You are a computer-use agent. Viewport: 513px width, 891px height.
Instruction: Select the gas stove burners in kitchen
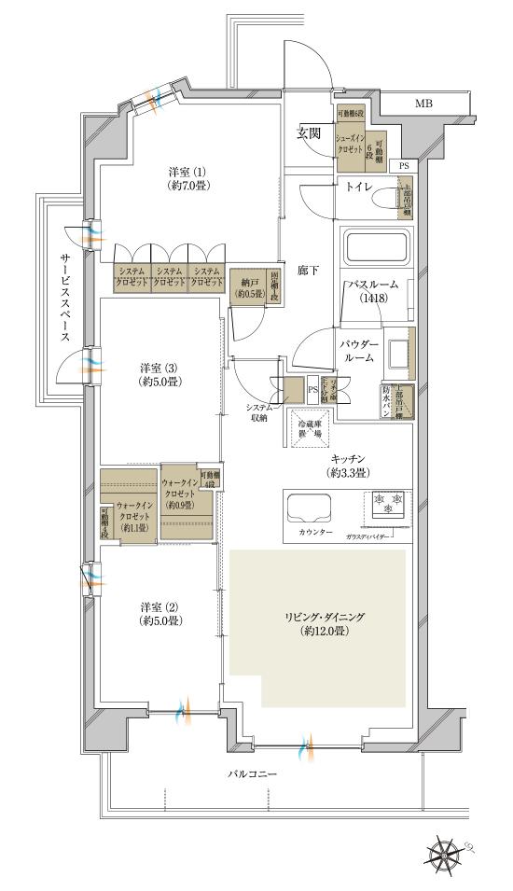tap(387, 504)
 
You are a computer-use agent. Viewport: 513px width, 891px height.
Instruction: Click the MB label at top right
tap(423, 104)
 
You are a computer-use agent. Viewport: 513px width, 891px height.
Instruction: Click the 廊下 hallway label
tap(309, 270)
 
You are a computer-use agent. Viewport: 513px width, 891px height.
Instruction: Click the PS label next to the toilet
tap(403, 165)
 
